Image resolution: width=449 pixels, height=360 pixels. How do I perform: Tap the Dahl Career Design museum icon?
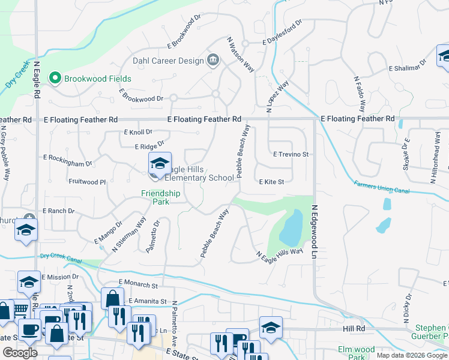click(x=212, y=59)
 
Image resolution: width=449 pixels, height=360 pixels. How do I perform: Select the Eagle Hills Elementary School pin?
click(x=160, y=164)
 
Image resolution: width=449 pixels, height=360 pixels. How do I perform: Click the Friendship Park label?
click(x=160, y=197)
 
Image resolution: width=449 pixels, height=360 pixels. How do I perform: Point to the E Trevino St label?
click(x=291, y=154)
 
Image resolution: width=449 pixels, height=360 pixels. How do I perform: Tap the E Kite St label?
click(x=271, y=181)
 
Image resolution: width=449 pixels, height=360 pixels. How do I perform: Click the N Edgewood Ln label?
click(x=313, y=232)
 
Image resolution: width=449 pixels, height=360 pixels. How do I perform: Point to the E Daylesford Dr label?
click(x=282, y=40)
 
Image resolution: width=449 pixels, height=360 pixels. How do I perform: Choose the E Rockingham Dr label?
click(x=68, y=160)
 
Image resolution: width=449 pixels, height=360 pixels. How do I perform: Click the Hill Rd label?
click(x=354, y=329)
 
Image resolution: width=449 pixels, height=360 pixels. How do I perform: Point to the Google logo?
click(x=20, y=353)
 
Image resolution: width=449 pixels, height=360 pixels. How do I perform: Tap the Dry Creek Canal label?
click(x=61, y=256)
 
